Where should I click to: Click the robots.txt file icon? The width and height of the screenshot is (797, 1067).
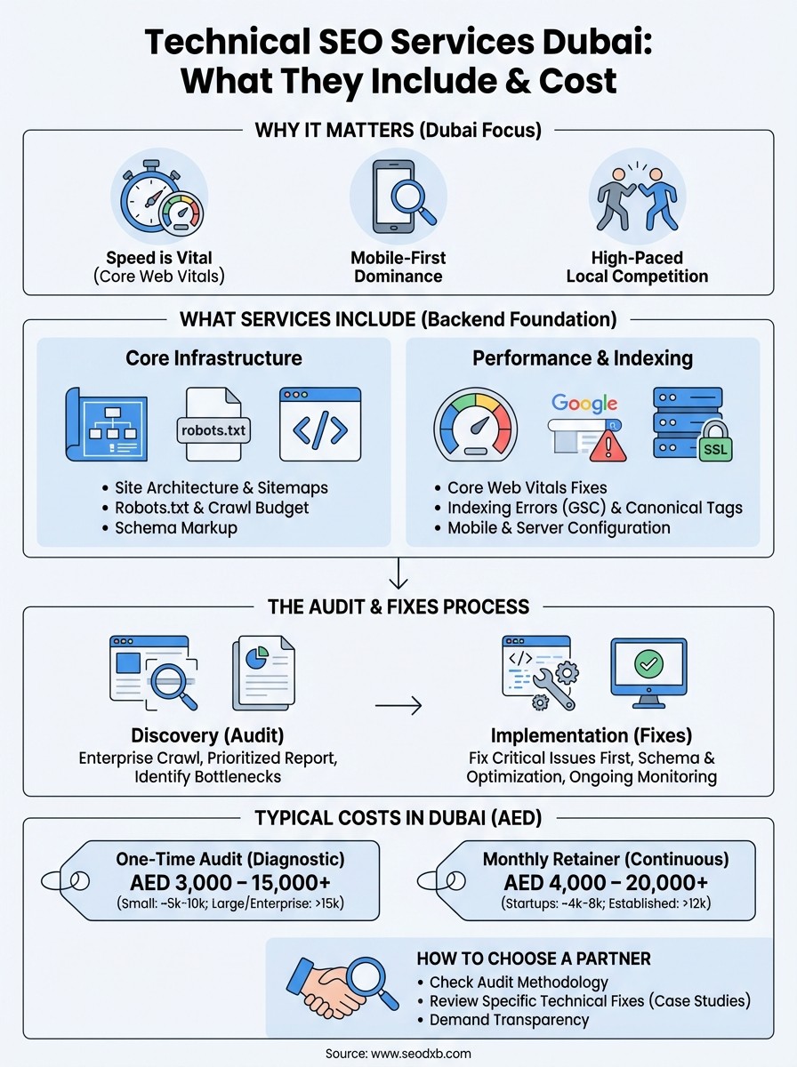[x=214, y=424]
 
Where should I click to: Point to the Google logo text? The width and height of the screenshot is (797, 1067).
[x=584, y=403]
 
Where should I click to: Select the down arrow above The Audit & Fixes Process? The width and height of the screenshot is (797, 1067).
[x=398, y=575]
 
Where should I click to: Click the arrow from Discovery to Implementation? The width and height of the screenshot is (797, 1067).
[x=398, y=707]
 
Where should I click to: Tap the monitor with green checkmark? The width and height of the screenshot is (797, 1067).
[x=648, y=672]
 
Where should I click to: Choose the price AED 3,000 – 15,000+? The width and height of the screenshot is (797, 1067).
[x=230, y=883]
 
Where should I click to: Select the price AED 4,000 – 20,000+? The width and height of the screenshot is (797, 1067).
[x=607, y=883]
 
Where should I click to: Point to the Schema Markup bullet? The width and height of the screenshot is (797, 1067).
[x=175, y=527]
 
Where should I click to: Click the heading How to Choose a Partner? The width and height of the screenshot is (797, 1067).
[x=533, y=959]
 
